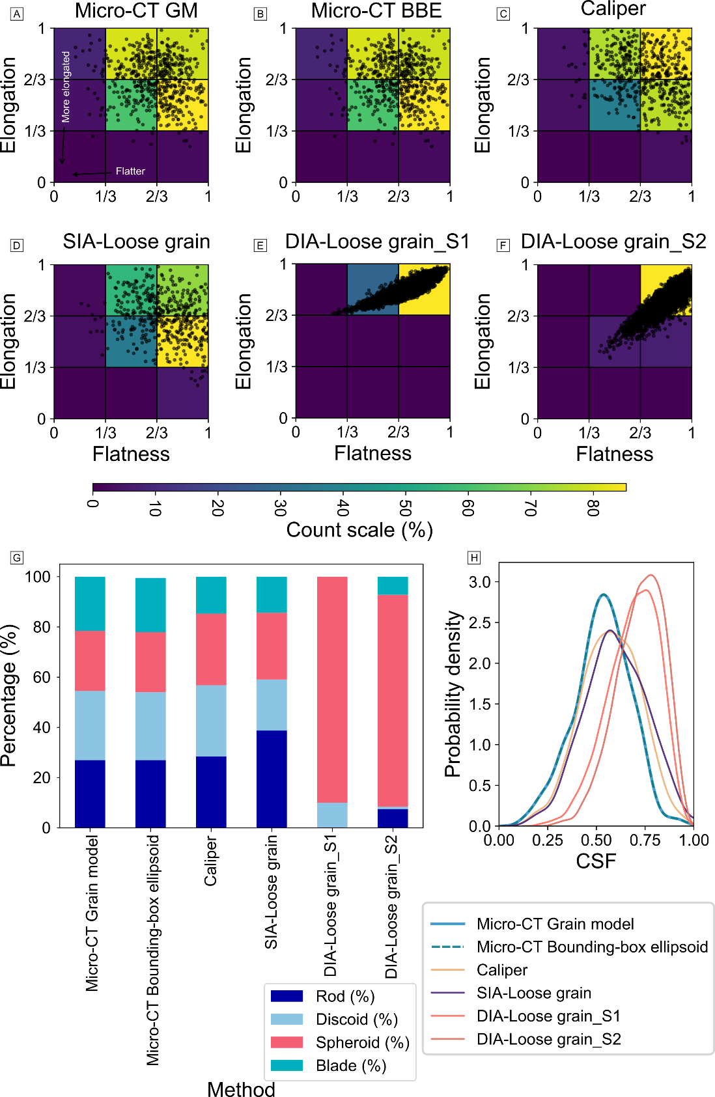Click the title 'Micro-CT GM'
(x=136, y=10)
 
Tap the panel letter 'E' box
(x=260, y=245)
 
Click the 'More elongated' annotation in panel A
(x=66, y=87)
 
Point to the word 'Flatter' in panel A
(x=130, y=171)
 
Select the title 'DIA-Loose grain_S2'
(x=613, y=242)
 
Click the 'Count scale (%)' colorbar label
(x=359, y=530)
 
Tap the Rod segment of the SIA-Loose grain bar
(x=272, y=779)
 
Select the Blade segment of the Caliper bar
(x=211, y=595)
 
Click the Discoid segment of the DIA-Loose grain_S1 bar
(x=332, y=815)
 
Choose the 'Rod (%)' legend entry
(x=344, y=996)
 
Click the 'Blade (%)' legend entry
(x=350, y=1066)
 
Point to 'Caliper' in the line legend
(x=501, y=970)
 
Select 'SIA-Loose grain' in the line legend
(x=533, y=993)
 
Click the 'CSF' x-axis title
(x=595, y=861)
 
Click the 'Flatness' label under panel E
(x=372, y=454)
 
